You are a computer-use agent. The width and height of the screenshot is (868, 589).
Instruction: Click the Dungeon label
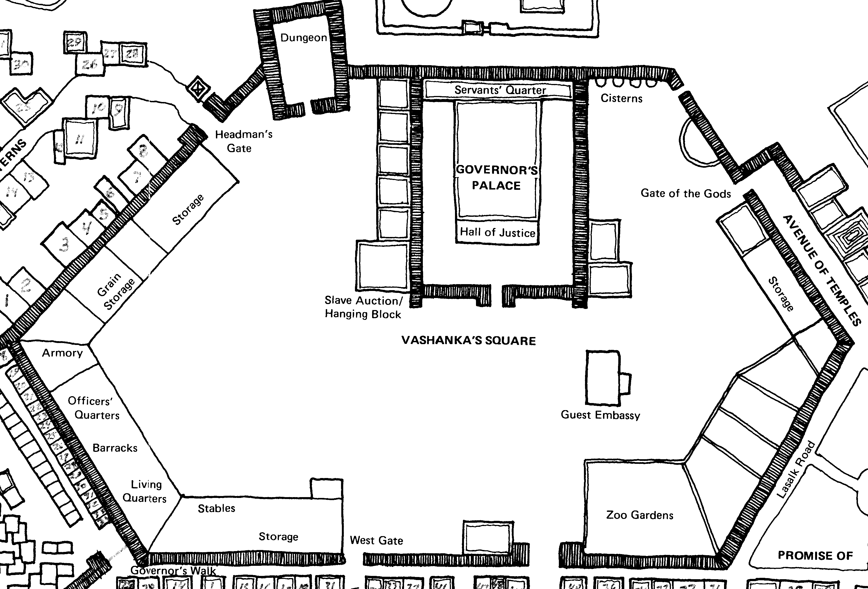click(303, 38)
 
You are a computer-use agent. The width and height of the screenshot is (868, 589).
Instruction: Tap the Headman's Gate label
click(243, 141)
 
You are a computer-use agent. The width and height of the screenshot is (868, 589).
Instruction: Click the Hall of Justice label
click(497, 232)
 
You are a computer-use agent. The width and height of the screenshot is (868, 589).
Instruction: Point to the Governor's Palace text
click(496, 178)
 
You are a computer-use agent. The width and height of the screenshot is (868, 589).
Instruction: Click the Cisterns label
click(621, 98)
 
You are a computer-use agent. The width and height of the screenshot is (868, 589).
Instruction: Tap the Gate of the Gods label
click(685, 193)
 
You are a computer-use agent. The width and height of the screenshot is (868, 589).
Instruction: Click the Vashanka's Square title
click(468, 341)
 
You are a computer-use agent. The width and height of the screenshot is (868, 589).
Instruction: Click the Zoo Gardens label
click(640, 515)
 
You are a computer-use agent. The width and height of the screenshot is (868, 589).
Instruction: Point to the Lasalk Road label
click(795, 470)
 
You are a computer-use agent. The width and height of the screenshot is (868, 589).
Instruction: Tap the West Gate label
click(376, 540)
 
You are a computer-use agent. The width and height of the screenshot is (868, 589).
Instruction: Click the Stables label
click(216, 508)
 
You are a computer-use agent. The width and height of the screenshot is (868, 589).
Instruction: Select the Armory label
click(62, 353)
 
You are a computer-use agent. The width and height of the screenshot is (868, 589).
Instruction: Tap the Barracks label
click(115, 448)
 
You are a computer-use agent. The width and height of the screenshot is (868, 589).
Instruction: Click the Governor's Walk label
click(173, 571)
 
